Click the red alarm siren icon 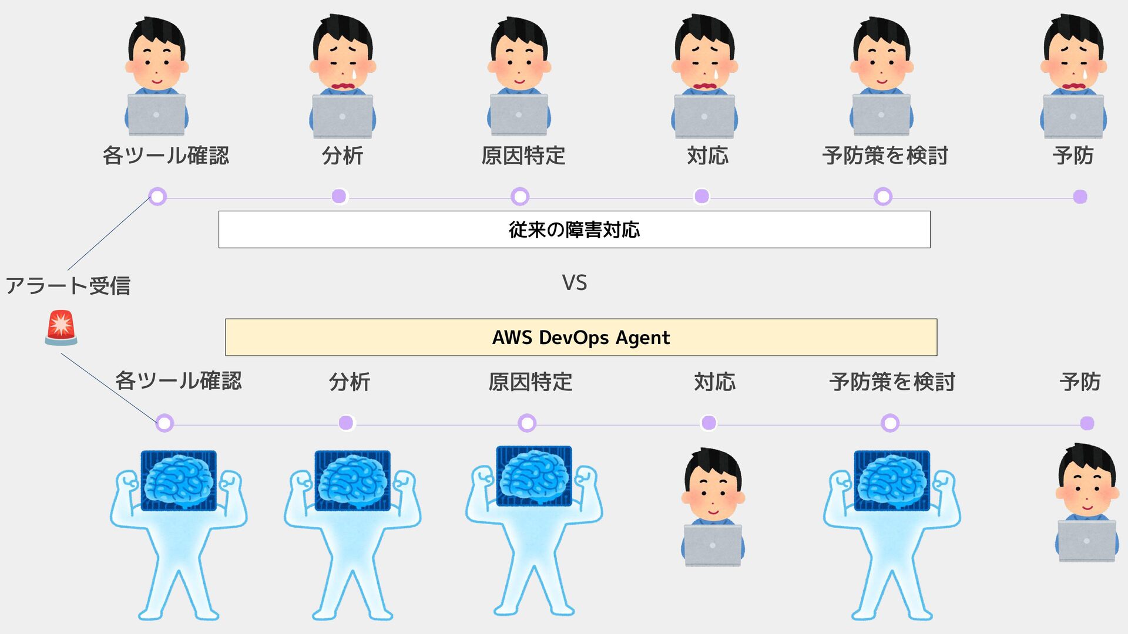[61, 328]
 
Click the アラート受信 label [68, 286]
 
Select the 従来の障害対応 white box [574, 230]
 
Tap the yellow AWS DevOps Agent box [581, 338]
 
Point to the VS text [574, 283]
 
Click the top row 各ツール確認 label [166, 156]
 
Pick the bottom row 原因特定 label [530, 382]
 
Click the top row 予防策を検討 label [885, 156]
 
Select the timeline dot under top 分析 [339, 196]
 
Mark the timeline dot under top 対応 [701, 196]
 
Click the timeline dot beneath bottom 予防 [1087, 423]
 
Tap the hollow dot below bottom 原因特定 [527, 423]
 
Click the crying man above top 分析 [343, 76]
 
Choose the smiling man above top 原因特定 [519, 76]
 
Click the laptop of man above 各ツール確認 [156, 114]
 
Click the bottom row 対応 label [714, 382]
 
